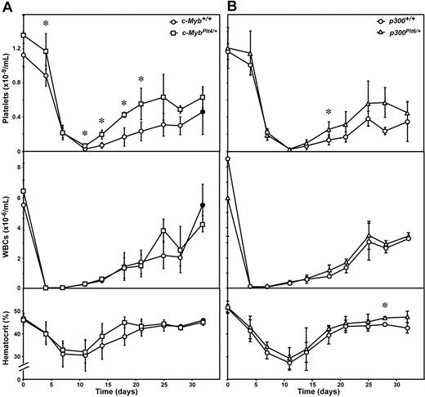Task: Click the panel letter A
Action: [x=8, y=7]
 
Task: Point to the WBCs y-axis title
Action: [x=7, y=220]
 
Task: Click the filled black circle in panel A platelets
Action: [x=203, y=111]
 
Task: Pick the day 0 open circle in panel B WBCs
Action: [x=228, y=159]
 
